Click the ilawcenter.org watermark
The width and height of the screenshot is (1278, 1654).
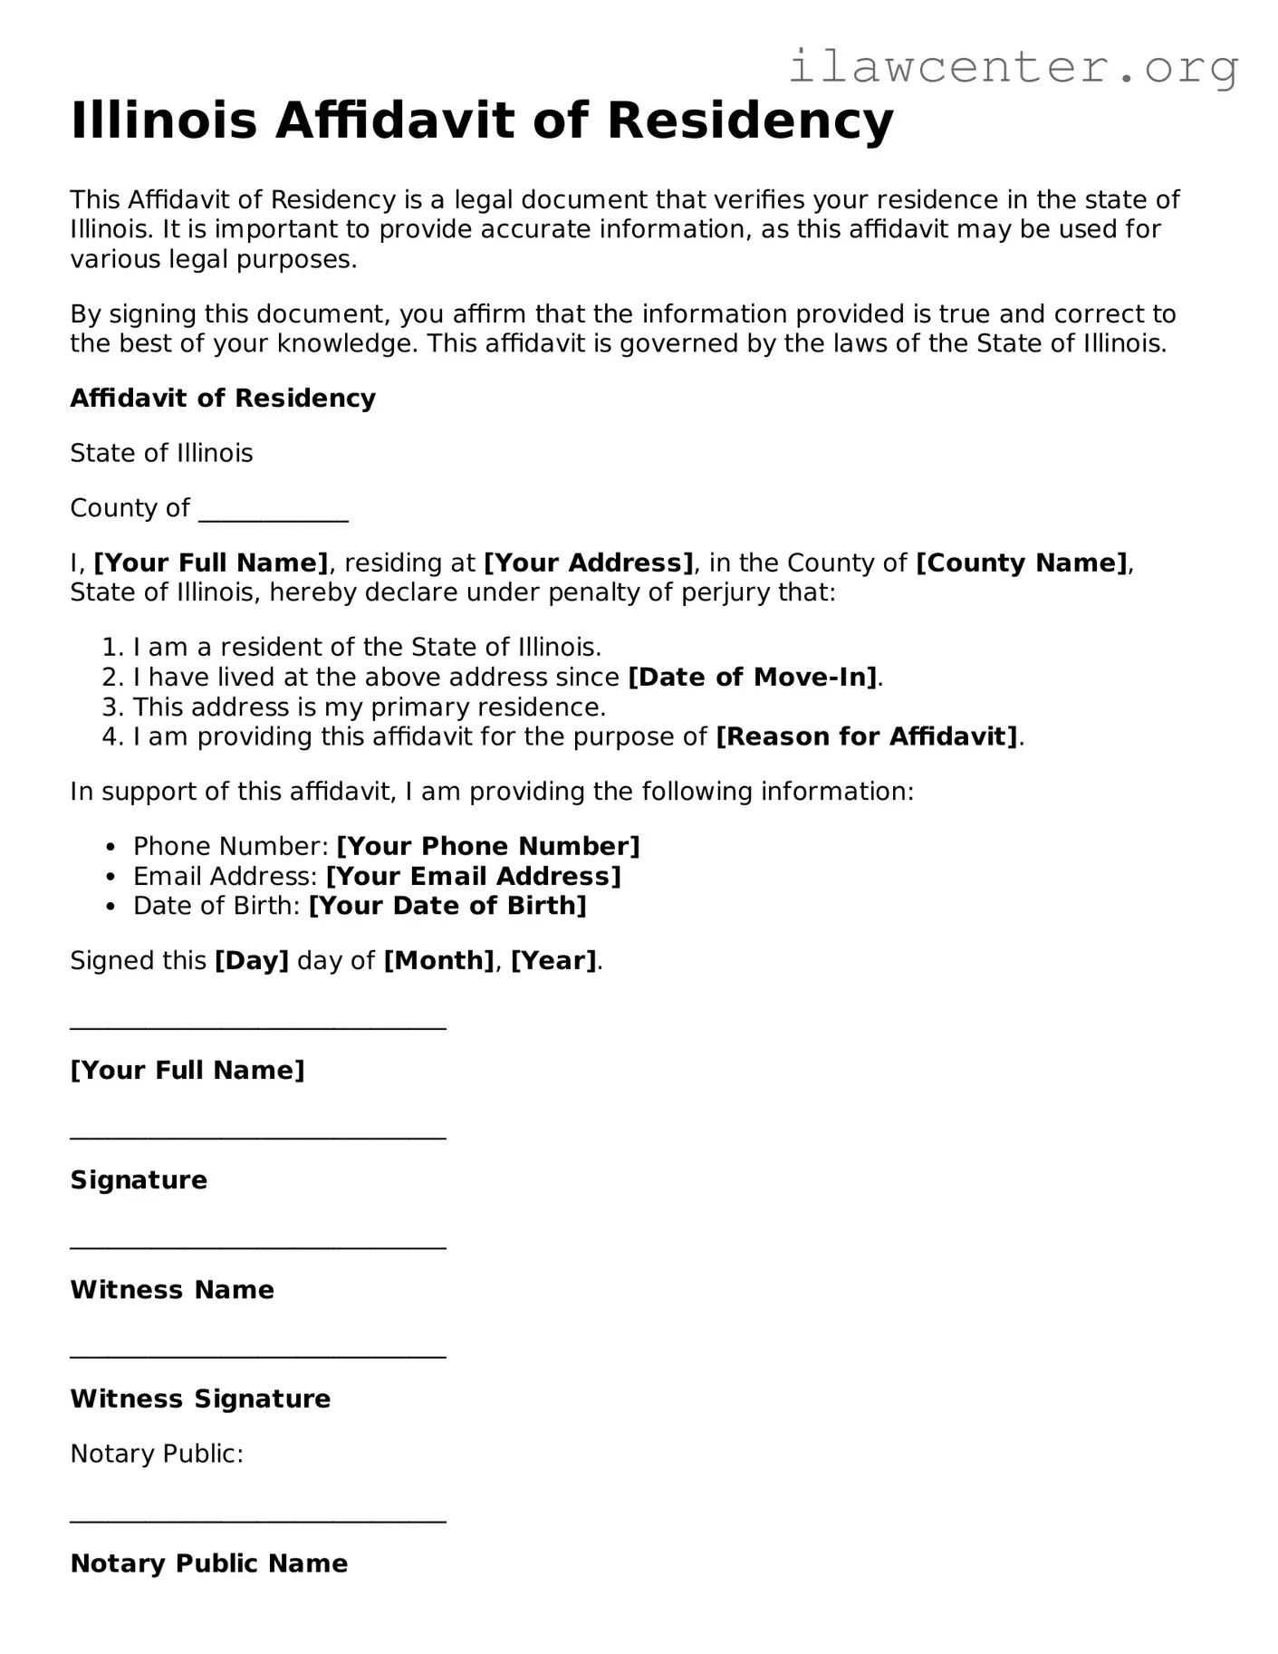[x=1013, y=67]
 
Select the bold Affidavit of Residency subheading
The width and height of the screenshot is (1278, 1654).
[x=223, y=399]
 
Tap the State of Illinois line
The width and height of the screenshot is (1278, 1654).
[x=161, y=453]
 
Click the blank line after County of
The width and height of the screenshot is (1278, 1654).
[x=273, y=512]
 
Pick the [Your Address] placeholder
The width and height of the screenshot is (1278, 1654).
[x=589, y=563]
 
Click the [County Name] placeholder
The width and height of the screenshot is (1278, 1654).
[x=1022, y=563]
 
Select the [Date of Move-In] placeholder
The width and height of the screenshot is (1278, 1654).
[x=753, y=677]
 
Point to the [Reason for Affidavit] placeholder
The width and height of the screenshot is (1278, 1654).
[x=867, y=736]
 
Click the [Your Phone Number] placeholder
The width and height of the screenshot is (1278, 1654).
[x=488, y=846]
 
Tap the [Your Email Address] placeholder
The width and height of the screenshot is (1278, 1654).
[x=474, y=876]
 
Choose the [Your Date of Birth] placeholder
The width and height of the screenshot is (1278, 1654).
[x=447, y=905]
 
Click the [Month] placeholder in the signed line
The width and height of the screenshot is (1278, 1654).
[x=439, y=960]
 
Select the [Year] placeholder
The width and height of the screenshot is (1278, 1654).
[x=553, y=960]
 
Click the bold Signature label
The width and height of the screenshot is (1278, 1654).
[x=139, y=1179]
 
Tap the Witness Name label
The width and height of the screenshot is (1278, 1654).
[x=172, y=1289]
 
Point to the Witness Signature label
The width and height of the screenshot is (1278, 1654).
[x=200, y=1399]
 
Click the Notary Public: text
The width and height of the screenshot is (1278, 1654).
[x=157, y=1454]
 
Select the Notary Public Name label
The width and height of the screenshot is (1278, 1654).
[x=209, y=1563]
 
